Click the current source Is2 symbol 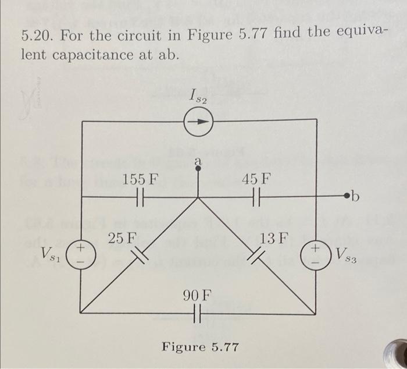click(199, 122)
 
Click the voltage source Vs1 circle click(80, 254)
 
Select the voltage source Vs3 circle click(316, 254)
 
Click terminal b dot click(348, 198)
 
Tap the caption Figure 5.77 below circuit click(200, 347)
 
